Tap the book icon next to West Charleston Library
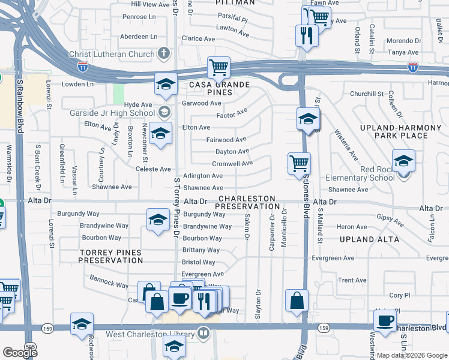pos(203,333)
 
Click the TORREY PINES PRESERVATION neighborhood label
pos(111,256)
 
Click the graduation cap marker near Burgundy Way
pos(158,220)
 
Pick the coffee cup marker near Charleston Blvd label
pos(385,320)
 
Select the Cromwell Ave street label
pos(232,164)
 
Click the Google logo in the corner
pos(20,353)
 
